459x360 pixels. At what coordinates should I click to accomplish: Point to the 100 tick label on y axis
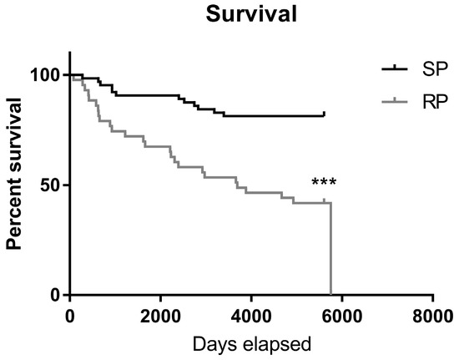49,75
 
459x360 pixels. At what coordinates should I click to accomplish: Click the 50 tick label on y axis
53,185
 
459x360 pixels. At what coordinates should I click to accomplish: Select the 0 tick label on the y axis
58,295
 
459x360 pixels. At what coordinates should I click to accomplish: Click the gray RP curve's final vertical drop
331,251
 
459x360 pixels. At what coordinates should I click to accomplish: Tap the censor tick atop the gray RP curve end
324,200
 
